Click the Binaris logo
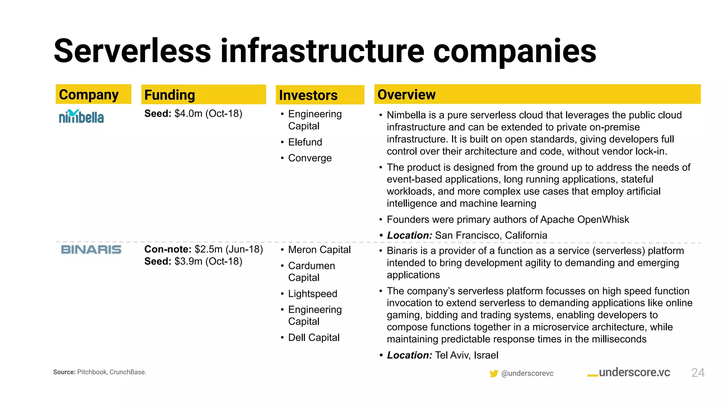(x=91, y=250)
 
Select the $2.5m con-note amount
(x=208, y=249)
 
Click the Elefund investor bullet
(x=305, y=142)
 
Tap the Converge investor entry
(x=309, y=158)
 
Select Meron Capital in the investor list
(x=319, y=250)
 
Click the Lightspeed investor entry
(x=312, y=294)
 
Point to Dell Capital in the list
(x=313, y=338)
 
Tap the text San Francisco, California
(x=491, y=236)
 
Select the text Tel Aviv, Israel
(x=466, y=355)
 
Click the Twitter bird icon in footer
(x=493, y=374)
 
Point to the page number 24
(x=698, y=373)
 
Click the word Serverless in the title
(x=132, y=51)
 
